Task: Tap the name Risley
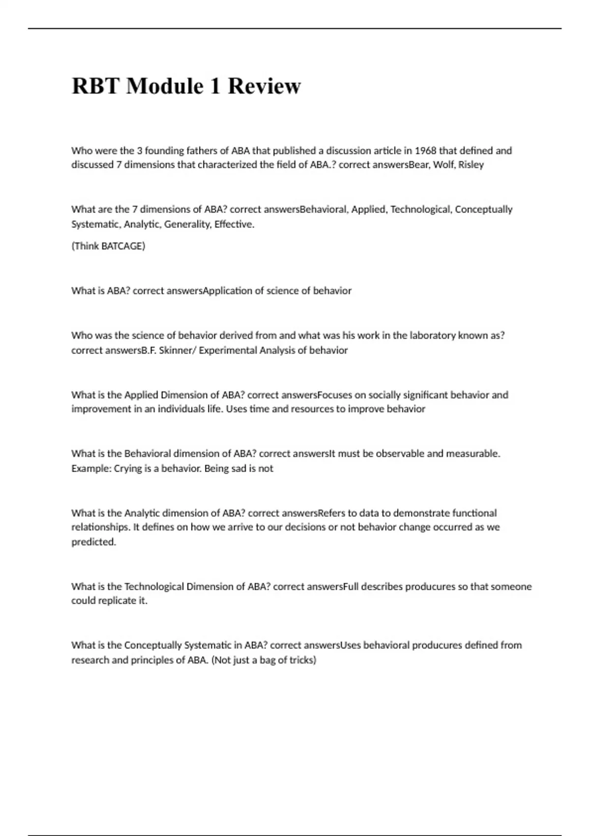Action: coord(471,165)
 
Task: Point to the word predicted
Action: coord(93,542)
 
